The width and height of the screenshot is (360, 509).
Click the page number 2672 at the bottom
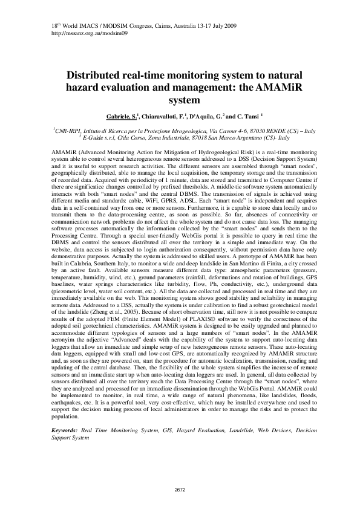[180, 489]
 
